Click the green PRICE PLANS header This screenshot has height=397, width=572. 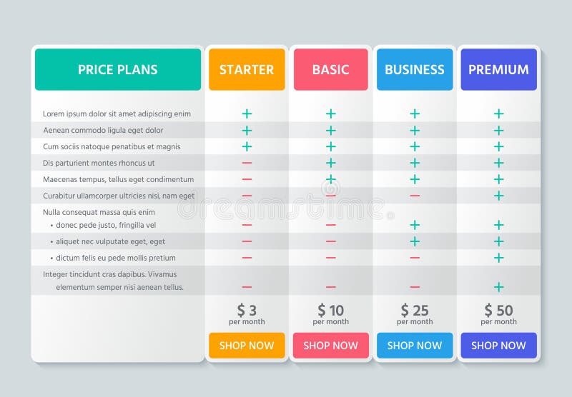(118, 69)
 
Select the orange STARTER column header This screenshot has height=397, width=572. (247, 69)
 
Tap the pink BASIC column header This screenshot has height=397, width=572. (330, 69)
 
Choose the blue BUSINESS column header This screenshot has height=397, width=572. (415, 69)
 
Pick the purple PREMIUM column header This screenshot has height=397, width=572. (498, 69)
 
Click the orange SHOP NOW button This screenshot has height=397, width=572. (247, 346)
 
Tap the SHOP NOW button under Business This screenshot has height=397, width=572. (415, 346)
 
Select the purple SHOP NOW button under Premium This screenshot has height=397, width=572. (498, 346)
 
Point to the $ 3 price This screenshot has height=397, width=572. (247, 311)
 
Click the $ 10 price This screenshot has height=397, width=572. (330, 311)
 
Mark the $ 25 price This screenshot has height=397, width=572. (415, 311)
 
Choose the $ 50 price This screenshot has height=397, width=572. (498, 311)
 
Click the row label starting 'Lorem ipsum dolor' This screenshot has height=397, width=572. (117, 114)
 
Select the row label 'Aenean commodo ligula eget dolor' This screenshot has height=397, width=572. (103, 130)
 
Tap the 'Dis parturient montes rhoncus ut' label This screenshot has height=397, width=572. (99, 163)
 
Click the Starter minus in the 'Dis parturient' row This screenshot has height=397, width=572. (247, 163)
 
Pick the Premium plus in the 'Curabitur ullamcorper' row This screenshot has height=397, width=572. (498, 196)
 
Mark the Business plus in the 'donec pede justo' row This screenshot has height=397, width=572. (415, 225)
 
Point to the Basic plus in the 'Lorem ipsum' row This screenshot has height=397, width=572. (330, 114)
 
